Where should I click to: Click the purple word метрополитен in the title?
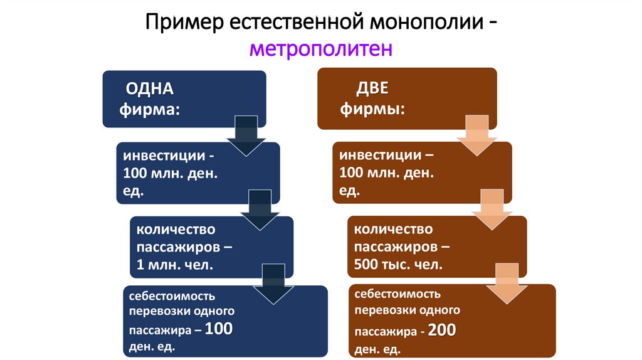point(320,48)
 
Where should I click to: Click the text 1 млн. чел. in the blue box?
point(176,265)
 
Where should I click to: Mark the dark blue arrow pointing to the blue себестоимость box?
point(272,285)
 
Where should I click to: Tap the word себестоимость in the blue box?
point(172,295)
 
